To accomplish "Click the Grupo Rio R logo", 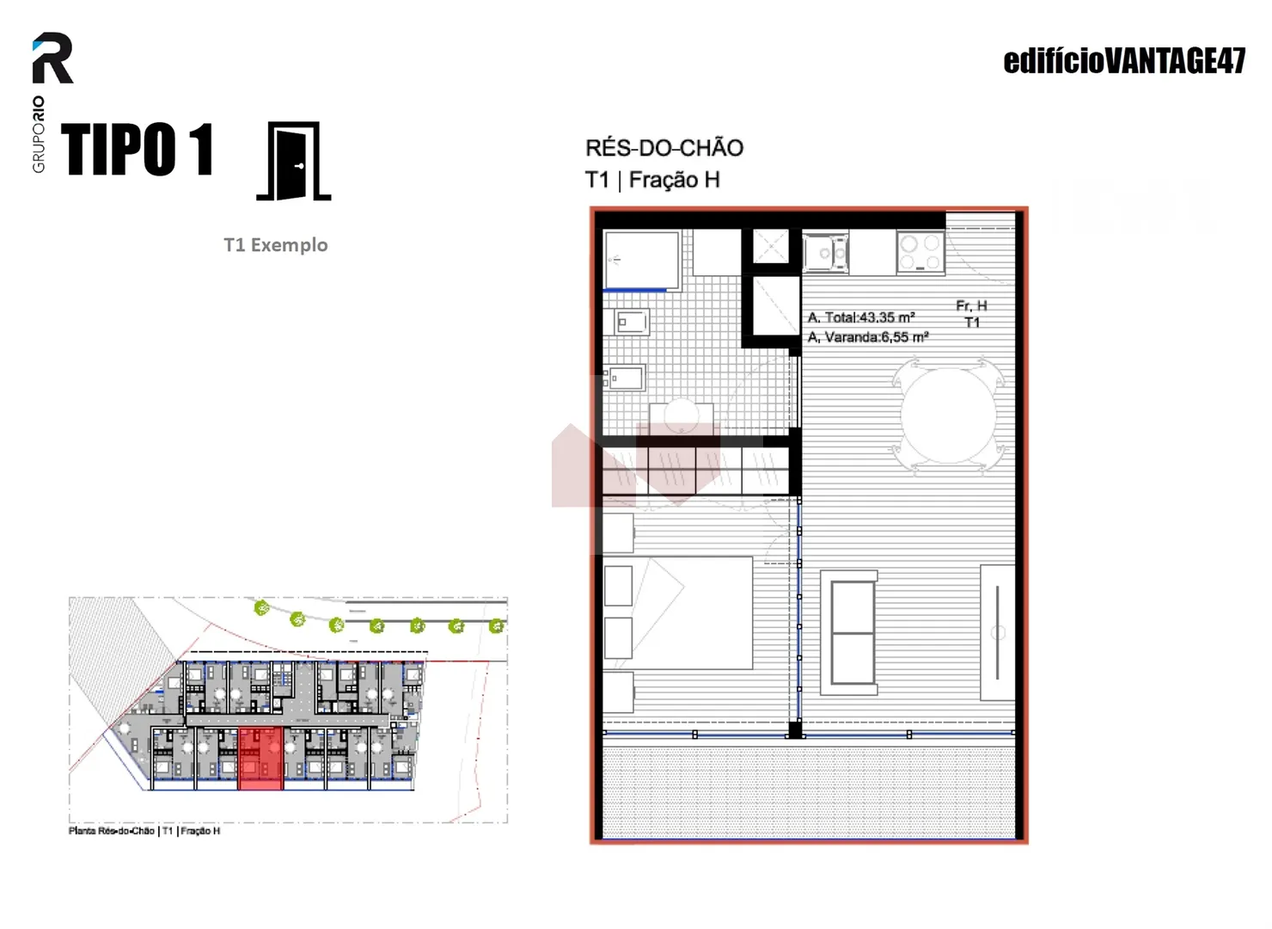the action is [52, 58].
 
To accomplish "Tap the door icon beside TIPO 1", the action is [294, 162].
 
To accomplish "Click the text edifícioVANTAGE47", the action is [1124, 61].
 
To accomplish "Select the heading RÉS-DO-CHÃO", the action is [664, 148].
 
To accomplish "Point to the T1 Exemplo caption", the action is [275, 245].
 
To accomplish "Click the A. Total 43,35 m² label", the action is [861, 317].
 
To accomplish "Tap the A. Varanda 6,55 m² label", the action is [868, 337].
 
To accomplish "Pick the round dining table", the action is [948, 415].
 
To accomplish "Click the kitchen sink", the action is [825, 252].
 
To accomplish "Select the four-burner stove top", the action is [920, 252].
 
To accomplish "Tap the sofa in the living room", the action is [849, 633].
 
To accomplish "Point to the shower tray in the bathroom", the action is [641, 261].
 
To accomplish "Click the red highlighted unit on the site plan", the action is [260, 758].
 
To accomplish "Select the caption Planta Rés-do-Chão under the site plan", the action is [112, 831].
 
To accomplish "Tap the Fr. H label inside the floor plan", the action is [971, 305].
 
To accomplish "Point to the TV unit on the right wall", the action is [997, 632].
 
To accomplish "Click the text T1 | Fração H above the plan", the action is [652, 180].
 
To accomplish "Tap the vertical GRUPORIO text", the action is [39, 134].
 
